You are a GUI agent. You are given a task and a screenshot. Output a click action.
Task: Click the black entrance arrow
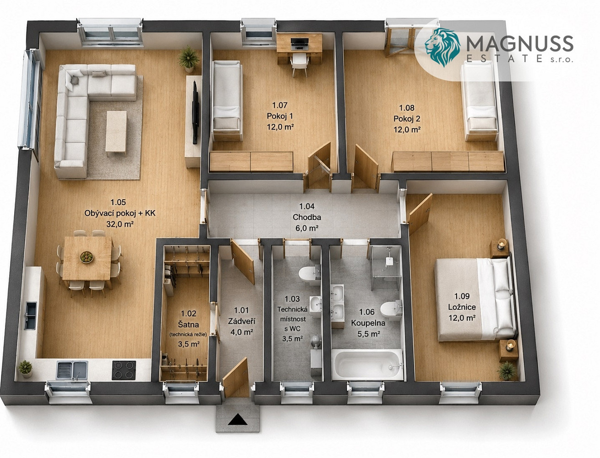(x=237, y=419)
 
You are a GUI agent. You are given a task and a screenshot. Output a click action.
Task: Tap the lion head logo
(x=442, y=47)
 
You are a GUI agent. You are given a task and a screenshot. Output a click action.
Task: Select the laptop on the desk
(x=300, y=44)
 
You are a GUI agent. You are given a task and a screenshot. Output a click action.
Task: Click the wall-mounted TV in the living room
(x=195, y=112)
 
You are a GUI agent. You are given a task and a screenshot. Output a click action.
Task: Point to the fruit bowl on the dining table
(x=87, y=257)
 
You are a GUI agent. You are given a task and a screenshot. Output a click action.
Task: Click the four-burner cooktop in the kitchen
(x=124, y=370)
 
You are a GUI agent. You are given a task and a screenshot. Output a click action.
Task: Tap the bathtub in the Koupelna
(x=367, y=365)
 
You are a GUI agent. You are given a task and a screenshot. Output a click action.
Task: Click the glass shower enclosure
(x=386, y=268)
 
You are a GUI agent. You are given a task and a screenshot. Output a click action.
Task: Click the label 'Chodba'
(x=307, y=217)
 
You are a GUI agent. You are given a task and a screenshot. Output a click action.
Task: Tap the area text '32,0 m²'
(x=120, y=224)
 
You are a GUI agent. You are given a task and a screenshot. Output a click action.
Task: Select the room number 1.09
(x=462, y=296)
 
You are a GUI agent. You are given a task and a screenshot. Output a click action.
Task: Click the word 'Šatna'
(x=188, y=324)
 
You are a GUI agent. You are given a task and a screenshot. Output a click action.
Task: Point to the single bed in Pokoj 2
(x=480, y=101)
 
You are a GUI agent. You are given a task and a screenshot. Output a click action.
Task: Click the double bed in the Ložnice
(x=475, y=299)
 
